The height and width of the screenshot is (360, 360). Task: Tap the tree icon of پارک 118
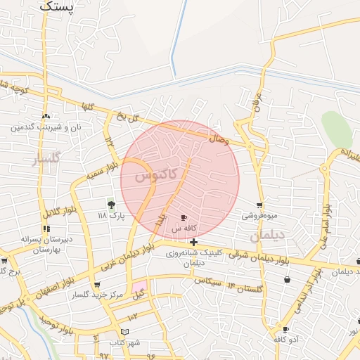click(111, 205)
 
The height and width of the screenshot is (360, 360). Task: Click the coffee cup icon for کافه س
click(184, 218)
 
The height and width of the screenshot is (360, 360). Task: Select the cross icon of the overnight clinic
click(193, 243)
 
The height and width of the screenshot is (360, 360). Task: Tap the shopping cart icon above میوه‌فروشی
click(259, 205)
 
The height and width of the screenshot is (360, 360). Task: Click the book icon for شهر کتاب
click(125, 331)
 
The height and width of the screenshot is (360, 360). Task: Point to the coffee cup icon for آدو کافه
click(285, 329)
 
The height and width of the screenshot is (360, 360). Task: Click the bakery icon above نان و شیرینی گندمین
click(46, 117)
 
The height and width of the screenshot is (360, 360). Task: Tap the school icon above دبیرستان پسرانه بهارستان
click(46, 229)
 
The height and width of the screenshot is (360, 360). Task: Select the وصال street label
click(219, 139)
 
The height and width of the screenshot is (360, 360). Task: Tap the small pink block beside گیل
click(140, 287)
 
